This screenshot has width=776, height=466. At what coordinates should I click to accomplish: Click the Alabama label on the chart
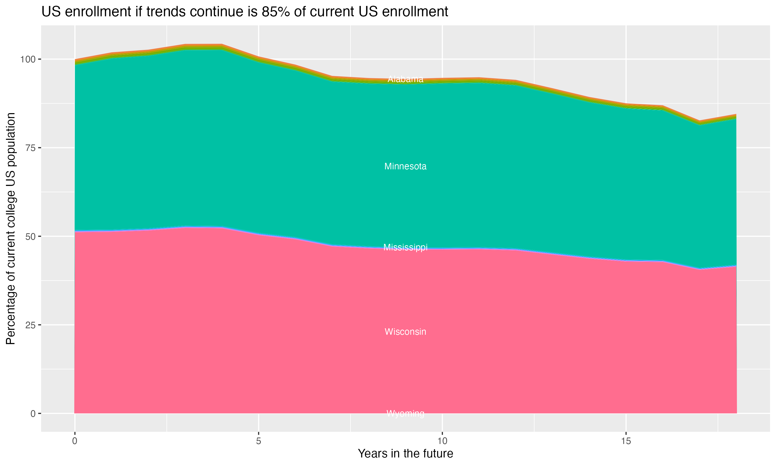(405, 79)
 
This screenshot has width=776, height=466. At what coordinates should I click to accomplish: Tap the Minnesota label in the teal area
(405, 166)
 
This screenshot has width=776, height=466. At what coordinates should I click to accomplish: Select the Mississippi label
(405, 247)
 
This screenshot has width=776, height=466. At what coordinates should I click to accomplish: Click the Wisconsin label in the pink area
(405, 332)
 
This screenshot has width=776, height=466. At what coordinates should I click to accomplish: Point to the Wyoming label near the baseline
(405, 413)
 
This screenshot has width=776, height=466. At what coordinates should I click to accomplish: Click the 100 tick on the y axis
(28, 59)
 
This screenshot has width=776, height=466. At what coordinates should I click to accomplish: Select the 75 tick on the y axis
(31, 148)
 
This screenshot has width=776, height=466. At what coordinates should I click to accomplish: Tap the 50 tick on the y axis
(31, 236)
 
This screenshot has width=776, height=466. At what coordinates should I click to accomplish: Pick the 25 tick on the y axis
(31, 325)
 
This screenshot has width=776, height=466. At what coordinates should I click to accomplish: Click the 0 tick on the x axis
(75, 441)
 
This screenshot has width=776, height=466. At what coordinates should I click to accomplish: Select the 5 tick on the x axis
(258, 441)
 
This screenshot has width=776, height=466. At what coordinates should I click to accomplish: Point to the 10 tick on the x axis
(442, 441)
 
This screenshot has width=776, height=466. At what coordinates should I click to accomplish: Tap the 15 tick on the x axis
(626, 441)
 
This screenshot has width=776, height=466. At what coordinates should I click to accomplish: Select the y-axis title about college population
(11, 229)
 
